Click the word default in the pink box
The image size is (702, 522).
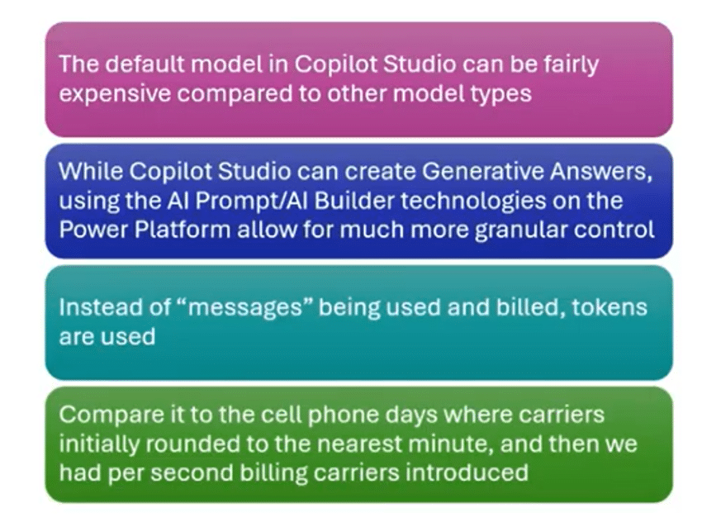click(145, 64)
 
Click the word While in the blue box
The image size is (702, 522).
click(91, 171)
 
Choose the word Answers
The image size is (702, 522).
click(600, 172)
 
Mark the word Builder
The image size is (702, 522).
click(353, 200)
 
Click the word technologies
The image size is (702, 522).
click(472, 202)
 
